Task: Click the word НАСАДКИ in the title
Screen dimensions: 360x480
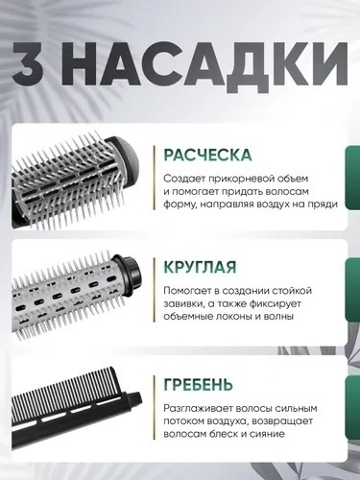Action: pyautogui.click(x=204, y=63)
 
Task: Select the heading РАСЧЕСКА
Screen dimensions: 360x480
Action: pyautogui.click(x=207, y=156)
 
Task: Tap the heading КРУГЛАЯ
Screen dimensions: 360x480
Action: pyautogui.click(x=200, y=267)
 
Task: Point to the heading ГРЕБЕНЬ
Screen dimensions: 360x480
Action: pyautogui.click(x=198, y=385)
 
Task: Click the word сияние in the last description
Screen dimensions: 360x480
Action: pyautogui.click(x=269, y=434)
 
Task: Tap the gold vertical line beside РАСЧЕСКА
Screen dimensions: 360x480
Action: pyautogui.click(x=155, y=178)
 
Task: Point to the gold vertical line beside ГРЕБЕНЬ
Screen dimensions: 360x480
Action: pyautogui.click(x=155, y=407)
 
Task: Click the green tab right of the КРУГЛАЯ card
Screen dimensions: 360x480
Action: pyautogui.click(x=353, y=291)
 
